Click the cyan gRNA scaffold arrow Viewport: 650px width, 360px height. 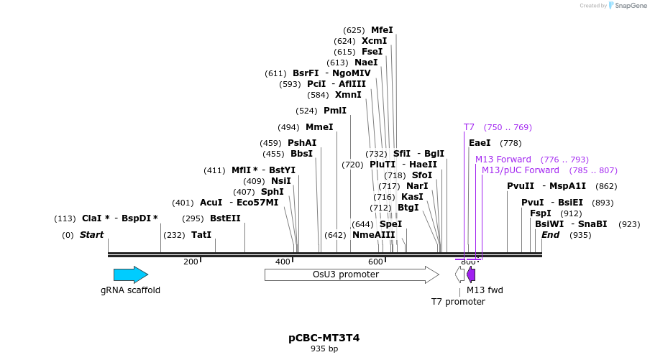[x=130, y=274]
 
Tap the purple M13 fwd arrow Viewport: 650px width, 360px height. [x=471, y=274]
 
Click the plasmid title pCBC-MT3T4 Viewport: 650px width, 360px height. [x=324, y=338]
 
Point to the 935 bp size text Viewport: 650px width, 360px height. [x=324, y=349]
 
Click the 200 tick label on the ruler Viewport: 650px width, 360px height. [x=191, y=262]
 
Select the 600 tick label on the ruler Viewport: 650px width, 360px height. [x=375, y=262]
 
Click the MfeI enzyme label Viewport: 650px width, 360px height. [x=382, y=30]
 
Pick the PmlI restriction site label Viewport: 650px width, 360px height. [x=335, y=111]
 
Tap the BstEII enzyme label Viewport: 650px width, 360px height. [x=225, y=218]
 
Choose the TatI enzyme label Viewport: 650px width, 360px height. [x=201, y=235]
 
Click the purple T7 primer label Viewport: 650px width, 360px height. [x=469, y=127]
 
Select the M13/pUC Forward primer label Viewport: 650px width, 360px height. [x=520, y=170]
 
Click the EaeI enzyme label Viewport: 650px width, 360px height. [x=480, y=143]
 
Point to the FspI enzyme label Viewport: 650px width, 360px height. [x=540, y=213]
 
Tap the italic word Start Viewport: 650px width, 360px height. [x=91, y=235]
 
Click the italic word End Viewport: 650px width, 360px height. [x=550, y=235]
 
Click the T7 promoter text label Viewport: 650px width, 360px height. [x=458, y=302]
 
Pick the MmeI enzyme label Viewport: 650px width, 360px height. [x=319, y=127]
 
